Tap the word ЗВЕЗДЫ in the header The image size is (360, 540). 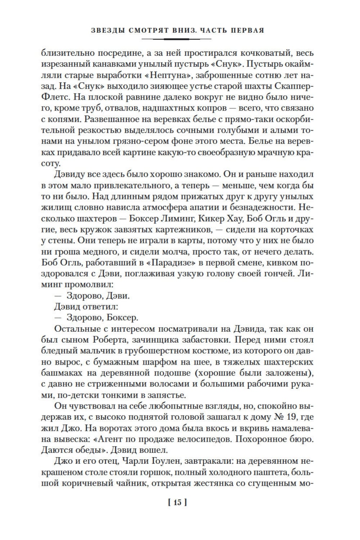107,31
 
